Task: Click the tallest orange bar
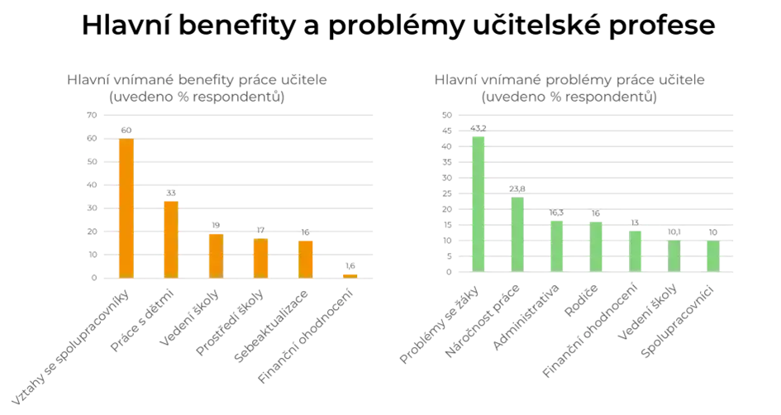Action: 126,208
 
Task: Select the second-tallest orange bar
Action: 170,239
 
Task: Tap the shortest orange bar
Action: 350,274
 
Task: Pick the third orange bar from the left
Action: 216,255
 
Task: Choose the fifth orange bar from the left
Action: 306,258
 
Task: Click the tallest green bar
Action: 479,202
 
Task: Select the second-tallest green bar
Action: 517,234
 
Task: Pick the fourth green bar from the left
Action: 596,246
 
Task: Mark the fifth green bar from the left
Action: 635,250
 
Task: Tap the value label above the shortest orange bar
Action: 350,265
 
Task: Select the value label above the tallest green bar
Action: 479,126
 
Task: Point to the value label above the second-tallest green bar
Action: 517,189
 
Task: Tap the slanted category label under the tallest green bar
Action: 438,327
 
